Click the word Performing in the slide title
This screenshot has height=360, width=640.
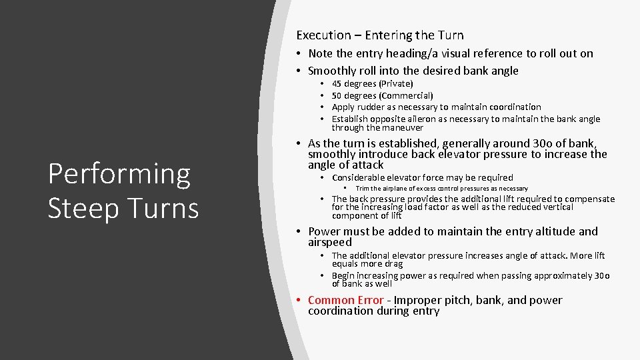119,174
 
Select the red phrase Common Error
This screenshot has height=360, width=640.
345,301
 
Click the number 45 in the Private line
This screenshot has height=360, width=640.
337,84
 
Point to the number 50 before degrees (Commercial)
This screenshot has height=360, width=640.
337,96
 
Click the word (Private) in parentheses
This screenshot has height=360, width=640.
396,84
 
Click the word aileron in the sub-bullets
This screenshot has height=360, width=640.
431,119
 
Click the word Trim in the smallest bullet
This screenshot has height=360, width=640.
363,189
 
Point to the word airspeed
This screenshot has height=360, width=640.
329,243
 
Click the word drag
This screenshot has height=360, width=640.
391,264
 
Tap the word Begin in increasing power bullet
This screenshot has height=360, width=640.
343,276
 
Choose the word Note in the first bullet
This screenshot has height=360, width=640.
320,54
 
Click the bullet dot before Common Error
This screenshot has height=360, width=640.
301,301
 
